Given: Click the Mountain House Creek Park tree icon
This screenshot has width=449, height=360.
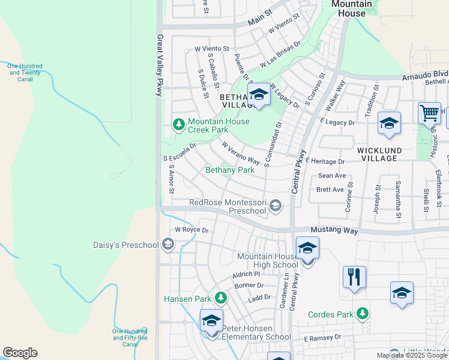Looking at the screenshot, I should (178, 124).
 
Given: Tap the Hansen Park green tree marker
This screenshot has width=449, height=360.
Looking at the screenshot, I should (221, 298).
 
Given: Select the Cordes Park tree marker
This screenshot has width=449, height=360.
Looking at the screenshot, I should (362, 314).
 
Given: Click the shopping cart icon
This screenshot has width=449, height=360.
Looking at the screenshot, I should (429, 113).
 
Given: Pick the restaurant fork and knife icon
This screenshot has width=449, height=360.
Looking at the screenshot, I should (354, 277).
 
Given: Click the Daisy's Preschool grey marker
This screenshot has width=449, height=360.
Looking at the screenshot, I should (169, 244).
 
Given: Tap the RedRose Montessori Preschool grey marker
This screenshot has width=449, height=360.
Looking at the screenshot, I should (276, 206).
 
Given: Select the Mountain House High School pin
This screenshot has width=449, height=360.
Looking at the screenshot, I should (307, 248).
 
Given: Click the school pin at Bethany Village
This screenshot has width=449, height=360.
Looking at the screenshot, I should (259, 95).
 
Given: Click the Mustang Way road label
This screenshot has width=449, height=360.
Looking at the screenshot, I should (334, 230).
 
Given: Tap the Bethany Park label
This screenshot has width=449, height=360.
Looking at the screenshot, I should (230, 170).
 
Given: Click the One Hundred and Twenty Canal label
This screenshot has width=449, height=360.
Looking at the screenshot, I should (25, 73).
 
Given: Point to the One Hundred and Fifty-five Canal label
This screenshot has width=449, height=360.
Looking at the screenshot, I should (130, 338).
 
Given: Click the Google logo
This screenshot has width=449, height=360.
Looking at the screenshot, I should (20, 353).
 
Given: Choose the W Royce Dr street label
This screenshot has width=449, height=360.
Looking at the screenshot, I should (191, 230).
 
